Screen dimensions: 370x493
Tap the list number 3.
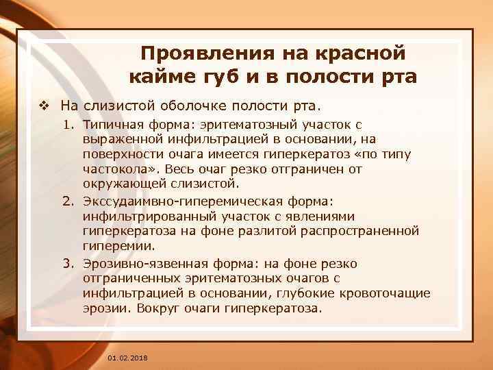(x=67, y=264)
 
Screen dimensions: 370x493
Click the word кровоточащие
(x=388, y=293)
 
